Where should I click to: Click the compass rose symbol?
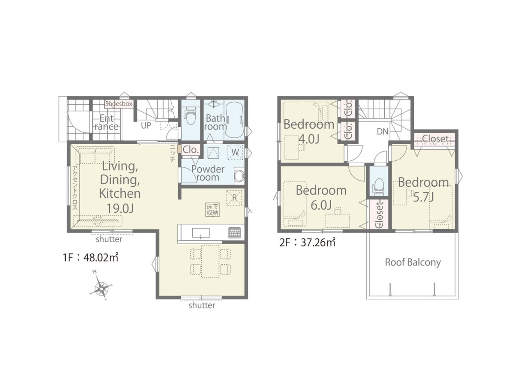click(101, 287)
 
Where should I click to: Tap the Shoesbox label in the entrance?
click(119, 104)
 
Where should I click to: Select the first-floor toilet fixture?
click(190, 117)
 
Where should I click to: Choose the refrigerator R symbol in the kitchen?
click(234, 197)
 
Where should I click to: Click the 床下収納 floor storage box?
click(213, 210)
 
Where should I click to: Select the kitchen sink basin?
click(201, 233)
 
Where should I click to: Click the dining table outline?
click(210, 261)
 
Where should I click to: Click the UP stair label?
click(146, 125)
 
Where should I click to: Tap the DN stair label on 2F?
click(383, 132)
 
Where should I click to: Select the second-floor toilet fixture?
click(378, 187)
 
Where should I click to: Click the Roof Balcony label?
click(413, 262)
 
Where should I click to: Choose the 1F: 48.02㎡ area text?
click(90, 258)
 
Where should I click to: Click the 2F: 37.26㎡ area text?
click(307, 243)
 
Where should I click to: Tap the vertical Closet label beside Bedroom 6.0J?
click(379, 215)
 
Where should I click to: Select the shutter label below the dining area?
click(202, 305)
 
